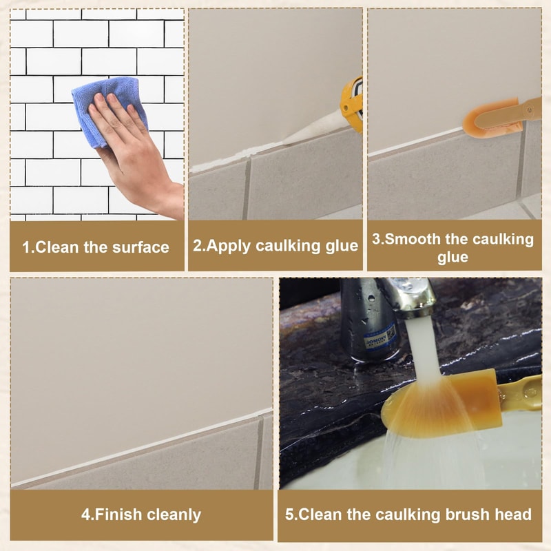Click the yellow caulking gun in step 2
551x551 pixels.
click(x=353, y=103)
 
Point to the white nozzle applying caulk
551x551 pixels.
click(x=313, y=134)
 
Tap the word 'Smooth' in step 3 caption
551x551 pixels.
click(x=414, y=239)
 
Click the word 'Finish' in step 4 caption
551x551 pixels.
click(x=119, y=514)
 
